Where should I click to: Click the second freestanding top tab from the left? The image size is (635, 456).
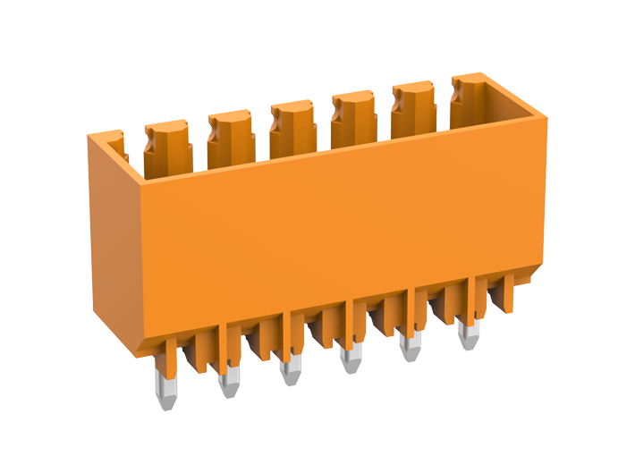(231, 139)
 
